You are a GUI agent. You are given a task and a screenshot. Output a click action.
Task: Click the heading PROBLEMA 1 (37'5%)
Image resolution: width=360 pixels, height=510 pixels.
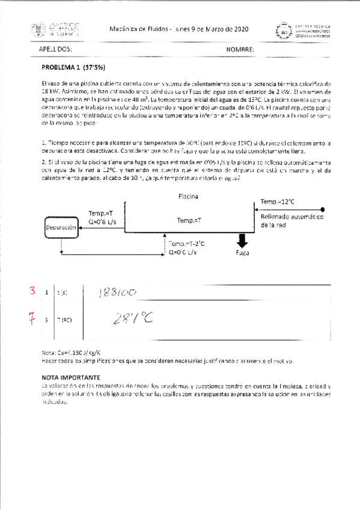(70, 68)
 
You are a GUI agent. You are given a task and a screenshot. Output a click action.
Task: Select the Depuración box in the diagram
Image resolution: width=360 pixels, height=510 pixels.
(61, 229)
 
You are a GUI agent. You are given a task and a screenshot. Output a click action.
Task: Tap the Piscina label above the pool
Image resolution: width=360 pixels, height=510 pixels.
(189, 197)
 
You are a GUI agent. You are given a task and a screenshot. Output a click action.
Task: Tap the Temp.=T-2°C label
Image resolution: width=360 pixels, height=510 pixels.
(186, 244)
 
